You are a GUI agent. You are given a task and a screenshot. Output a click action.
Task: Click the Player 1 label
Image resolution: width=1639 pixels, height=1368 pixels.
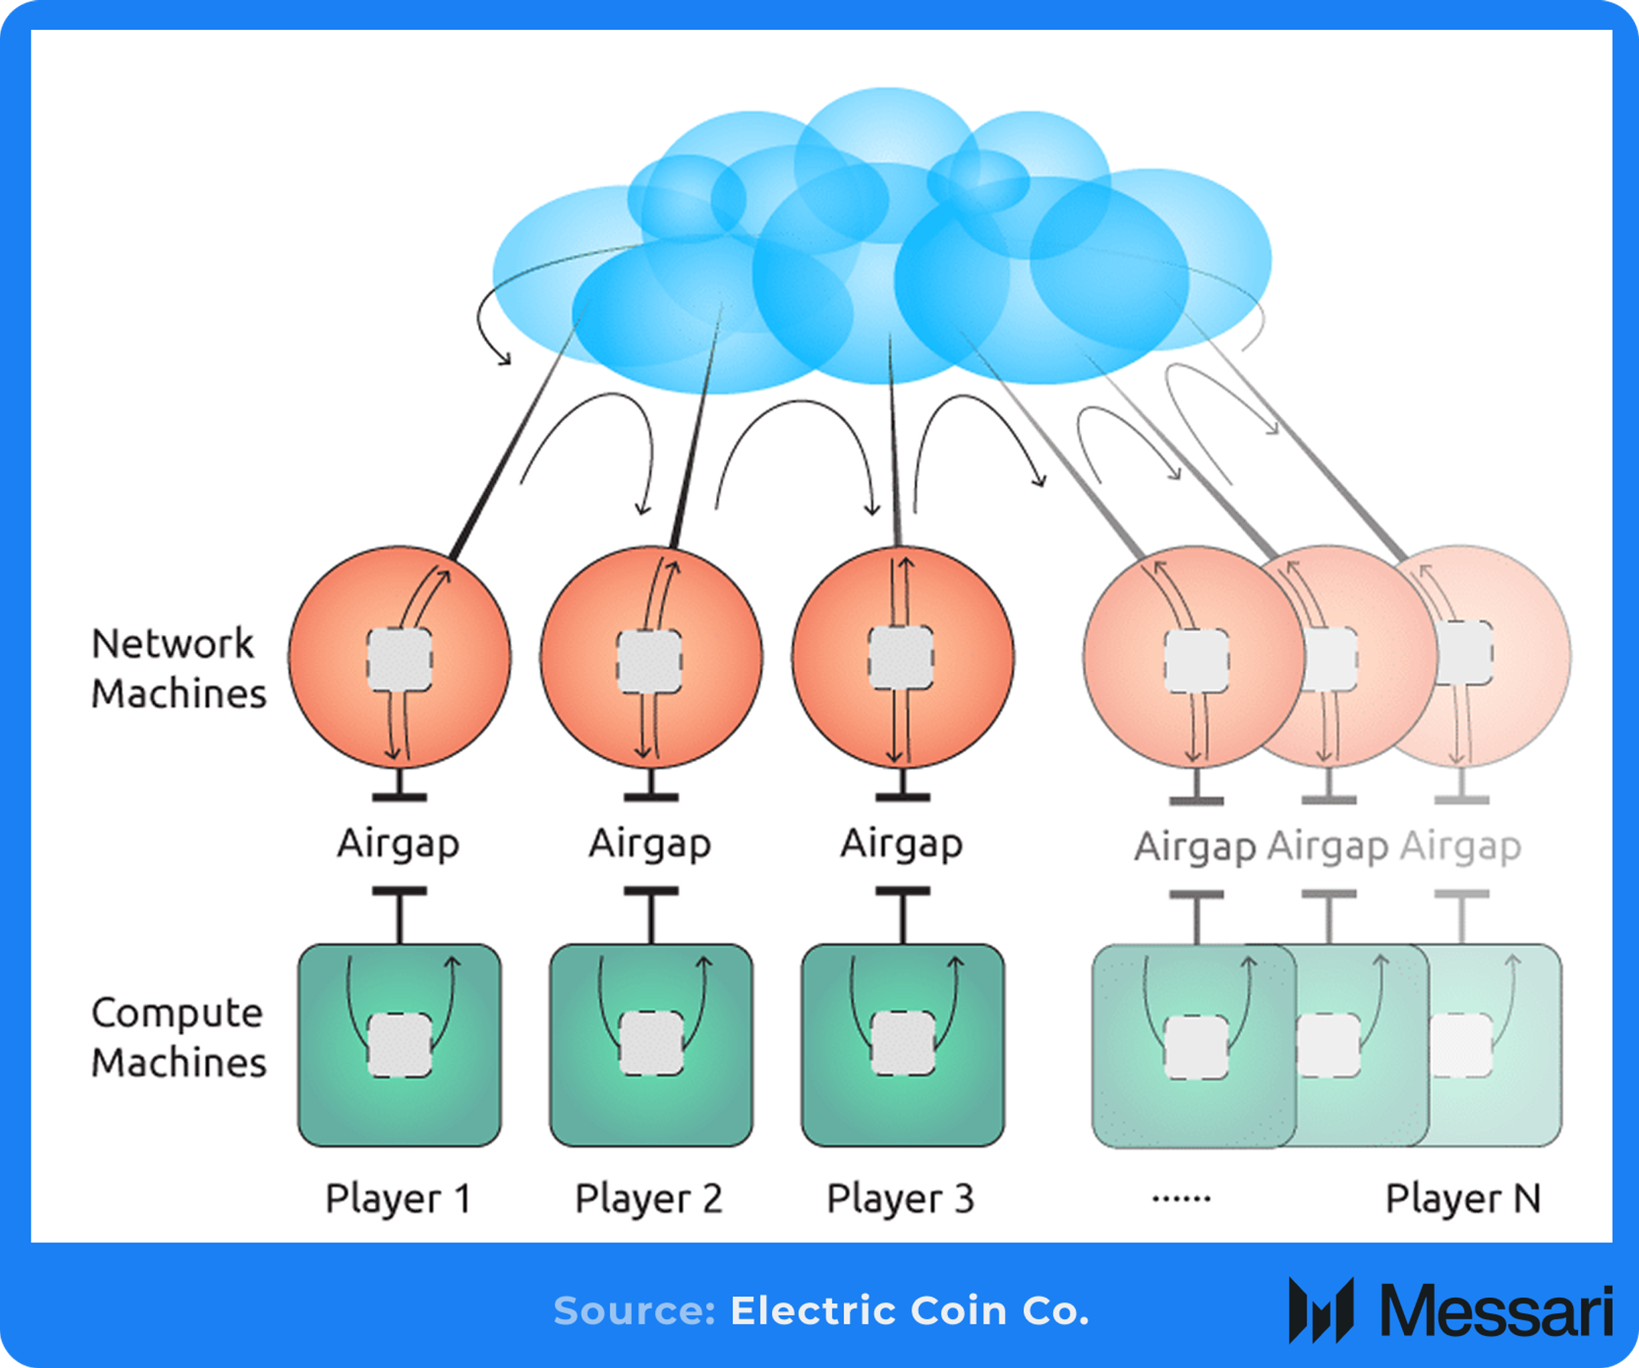coord(399,1200)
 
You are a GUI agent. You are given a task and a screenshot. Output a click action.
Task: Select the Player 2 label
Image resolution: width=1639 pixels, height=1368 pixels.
coord(650,1200)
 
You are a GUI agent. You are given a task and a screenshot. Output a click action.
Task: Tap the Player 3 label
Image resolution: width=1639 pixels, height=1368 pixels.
coord(901,1200)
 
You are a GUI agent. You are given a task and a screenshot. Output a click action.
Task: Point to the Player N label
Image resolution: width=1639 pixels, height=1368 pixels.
coord(1463,1200)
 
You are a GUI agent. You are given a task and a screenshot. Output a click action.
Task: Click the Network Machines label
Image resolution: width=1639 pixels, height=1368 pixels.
coord(179,669)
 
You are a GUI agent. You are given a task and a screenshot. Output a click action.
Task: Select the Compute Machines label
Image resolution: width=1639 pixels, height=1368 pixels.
coord(179,1038)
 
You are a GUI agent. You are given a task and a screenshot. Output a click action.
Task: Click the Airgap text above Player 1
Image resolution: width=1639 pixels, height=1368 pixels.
coord(399,845)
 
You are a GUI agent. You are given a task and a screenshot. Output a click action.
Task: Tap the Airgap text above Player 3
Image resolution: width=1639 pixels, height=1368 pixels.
coord(901,845)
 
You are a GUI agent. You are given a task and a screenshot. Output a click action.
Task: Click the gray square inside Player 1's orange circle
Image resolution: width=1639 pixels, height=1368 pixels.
coord(399,660)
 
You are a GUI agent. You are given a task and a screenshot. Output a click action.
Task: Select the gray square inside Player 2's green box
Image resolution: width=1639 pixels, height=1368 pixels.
coord(652,1044)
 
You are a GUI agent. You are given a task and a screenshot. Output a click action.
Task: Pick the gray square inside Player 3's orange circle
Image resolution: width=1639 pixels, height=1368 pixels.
coord(901,657)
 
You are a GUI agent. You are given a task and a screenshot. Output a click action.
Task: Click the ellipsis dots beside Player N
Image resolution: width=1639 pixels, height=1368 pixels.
coord(1181,1198)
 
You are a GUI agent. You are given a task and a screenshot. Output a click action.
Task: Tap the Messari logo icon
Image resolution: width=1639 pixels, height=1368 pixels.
coord(1321,1311)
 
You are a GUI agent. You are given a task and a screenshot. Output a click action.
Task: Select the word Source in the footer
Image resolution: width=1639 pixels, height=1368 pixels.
coord(634,1311)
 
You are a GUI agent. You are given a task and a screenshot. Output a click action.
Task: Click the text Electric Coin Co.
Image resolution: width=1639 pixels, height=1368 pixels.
coord(909,1311)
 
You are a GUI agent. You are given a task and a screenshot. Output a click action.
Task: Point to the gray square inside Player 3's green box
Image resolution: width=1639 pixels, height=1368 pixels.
coord(903,1044)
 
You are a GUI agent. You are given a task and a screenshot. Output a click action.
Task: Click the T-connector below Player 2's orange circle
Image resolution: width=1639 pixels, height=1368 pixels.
coord(651,788)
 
